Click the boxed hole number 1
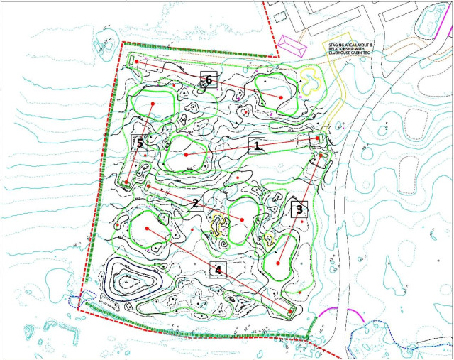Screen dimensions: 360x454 256,146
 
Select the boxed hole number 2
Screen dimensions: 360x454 195,202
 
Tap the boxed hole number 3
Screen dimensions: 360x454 299,209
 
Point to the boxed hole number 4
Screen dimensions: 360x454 218,270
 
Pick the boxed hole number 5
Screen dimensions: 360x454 140,143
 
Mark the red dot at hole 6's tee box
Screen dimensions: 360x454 137,62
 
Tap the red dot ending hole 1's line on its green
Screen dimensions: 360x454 186,154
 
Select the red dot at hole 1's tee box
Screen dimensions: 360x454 316,138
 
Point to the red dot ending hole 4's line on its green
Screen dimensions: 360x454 147,229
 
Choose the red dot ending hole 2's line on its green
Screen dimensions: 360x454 242,220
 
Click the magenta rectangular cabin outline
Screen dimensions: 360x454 290,46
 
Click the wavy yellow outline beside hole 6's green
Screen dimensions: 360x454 311,79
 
